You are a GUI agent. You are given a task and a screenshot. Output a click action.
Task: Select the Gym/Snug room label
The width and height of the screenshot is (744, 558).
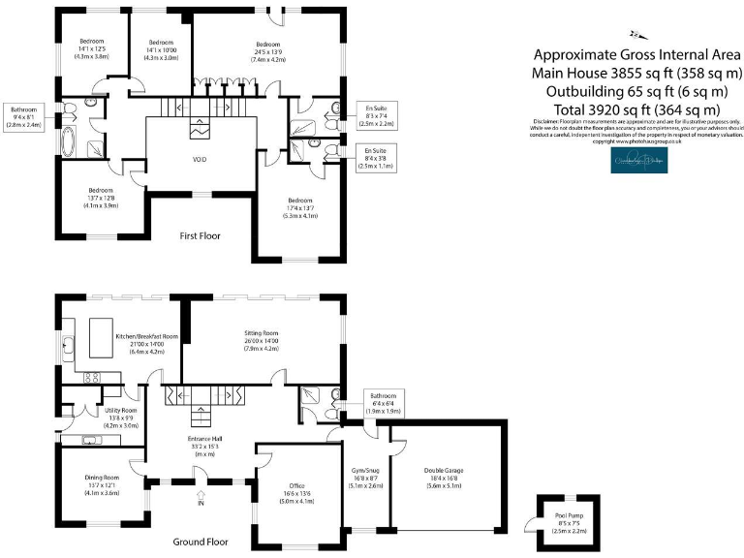364,478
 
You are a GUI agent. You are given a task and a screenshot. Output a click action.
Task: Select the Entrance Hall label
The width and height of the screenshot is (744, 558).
205,446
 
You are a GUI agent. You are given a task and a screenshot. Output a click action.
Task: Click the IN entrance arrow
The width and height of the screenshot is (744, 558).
201,498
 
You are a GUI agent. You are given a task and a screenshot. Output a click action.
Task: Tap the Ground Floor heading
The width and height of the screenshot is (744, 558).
201,542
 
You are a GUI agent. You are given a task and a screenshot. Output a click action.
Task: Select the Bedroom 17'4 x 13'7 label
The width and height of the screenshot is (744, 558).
298,207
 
